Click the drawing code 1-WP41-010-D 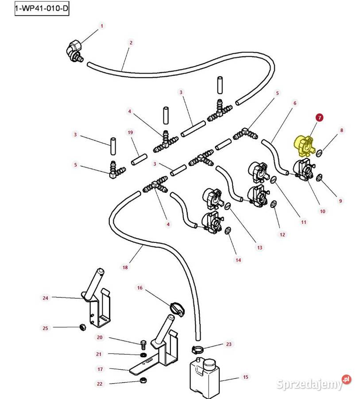(42, 8)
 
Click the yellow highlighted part (303, 146)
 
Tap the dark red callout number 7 (319, 117)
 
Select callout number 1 (101, 26)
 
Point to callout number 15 (245, 377)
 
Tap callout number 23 (228, 344)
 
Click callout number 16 (140, 288)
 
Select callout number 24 (45, 298)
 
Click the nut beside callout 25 (82, 327)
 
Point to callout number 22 (100, 384)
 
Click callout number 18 (125, 267)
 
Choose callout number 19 (130, 132)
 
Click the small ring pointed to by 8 (319, 153)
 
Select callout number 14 (238, 260)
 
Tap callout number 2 (131, 43)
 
